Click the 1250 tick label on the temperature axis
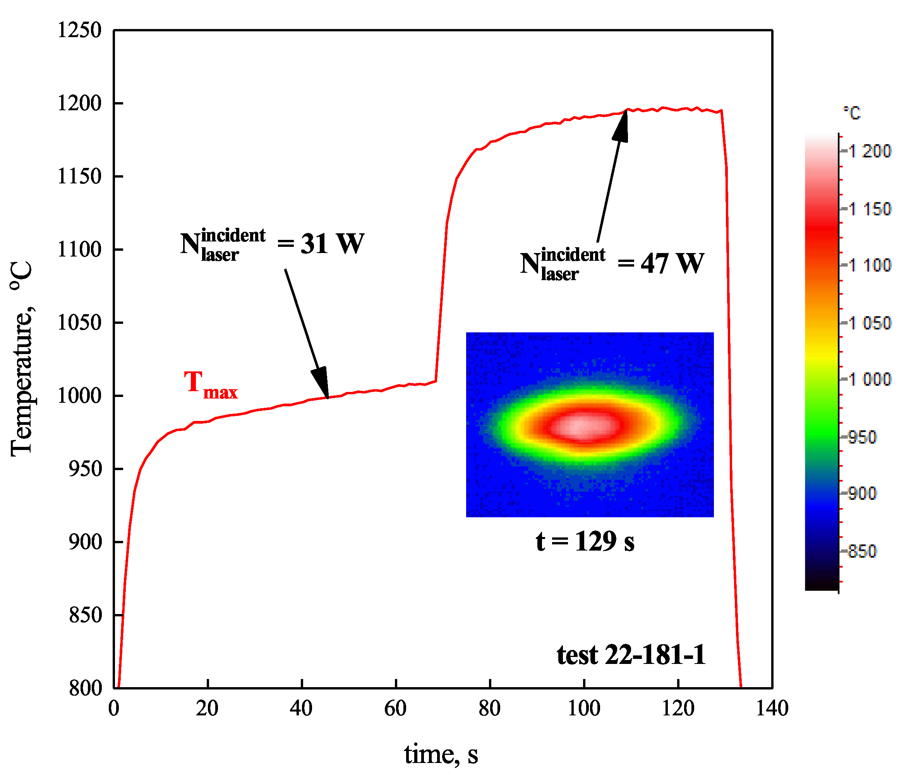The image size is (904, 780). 79,31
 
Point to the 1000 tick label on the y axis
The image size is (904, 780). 79,396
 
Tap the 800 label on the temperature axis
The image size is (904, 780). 85,688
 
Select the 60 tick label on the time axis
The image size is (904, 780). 395,708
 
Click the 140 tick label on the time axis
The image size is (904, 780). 772,708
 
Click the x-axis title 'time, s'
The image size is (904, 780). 441,754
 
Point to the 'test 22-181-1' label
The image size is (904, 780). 631,655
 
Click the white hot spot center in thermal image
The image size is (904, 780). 580,426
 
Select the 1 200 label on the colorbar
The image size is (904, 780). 868,151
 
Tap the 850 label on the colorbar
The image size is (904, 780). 862,552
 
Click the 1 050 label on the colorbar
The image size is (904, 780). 868,323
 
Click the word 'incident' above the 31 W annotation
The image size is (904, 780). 233,236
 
